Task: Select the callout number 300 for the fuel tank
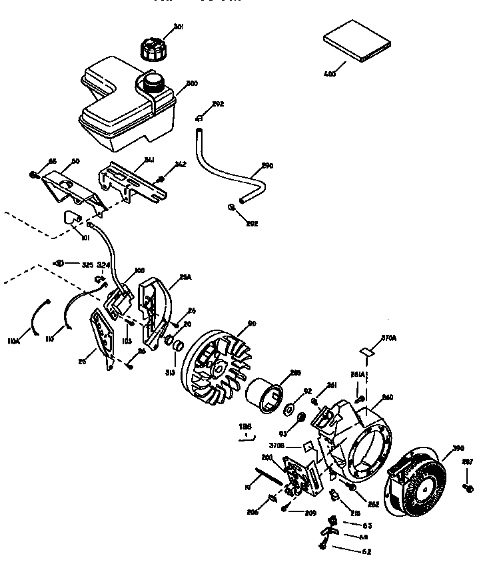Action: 191,83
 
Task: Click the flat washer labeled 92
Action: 290,407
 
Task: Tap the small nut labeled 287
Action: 470,488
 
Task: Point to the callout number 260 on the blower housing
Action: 387,398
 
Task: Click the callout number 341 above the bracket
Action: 150,159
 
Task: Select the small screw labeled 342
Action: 159,178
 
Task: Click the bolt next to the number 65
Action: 33,174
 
